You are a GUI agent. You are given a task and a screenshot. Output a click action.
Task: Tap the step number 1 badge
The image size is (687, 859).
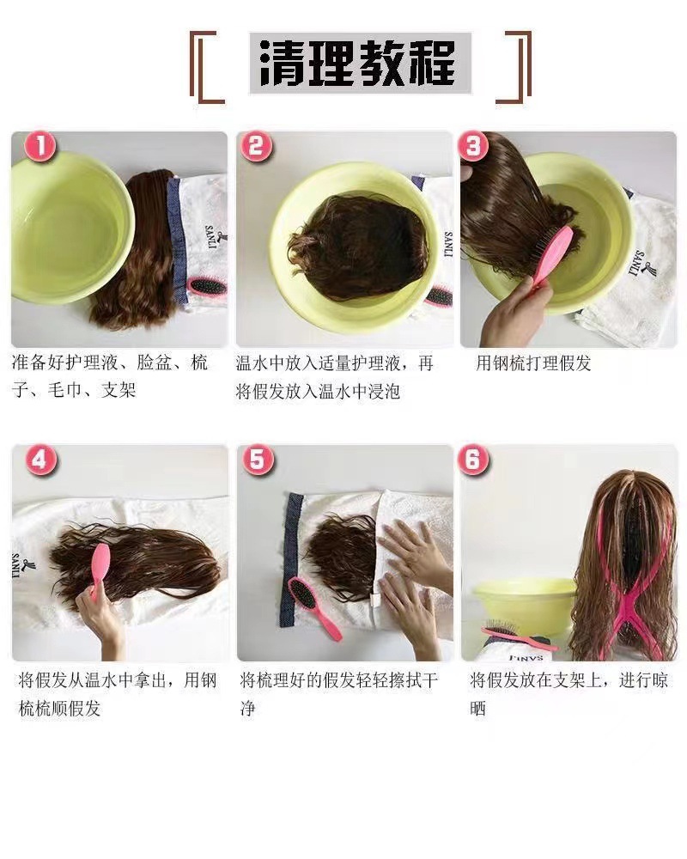40,147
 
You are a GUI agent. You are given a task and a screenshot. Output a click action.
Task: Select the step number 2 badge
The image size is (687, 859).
255,147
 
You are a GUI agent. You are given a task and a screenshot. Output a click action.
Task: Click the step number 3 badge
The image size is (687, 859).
472,147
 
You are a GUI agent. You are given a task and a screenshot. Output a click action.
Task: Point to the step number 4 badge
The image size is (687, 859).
39,460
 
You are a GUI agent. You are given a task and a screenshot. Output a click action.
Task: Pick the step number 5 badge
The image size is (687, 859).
256,460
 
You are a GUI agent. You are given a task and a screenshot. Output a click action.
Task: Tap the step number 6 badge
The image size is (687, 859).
472,460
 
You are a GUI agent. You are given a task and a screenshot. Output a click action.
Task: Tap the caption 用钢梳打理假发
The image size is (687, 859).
533,363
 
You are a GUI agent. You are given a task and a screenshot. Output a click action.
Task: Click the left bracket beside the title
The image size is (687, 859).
204,63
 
